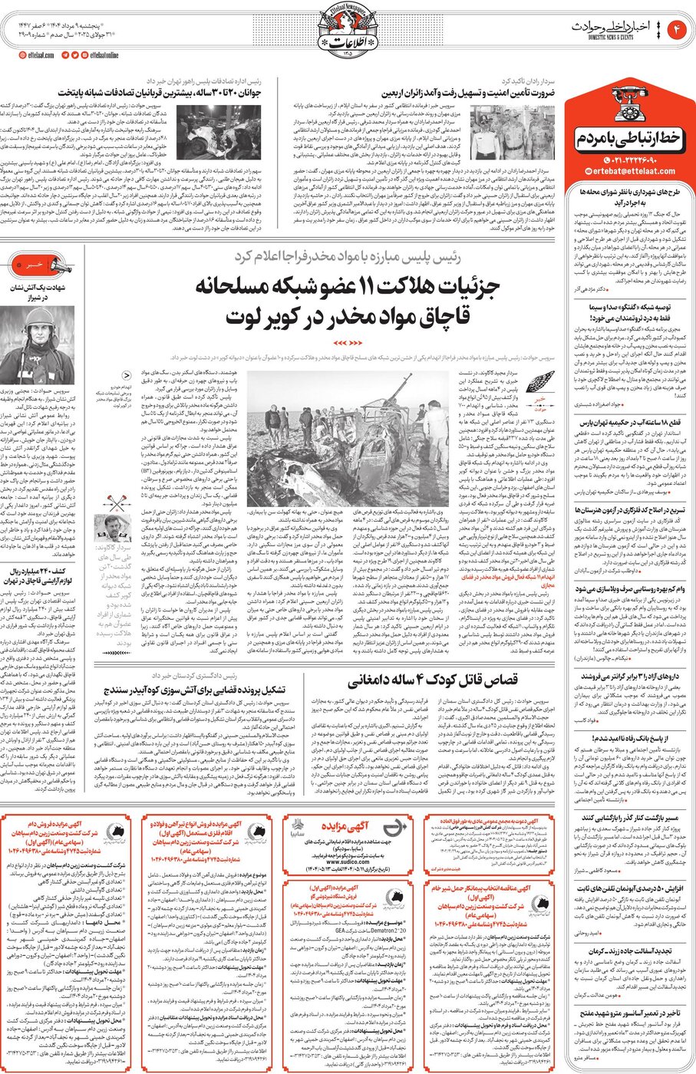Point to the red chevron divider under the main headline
[x=347, y=342]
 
